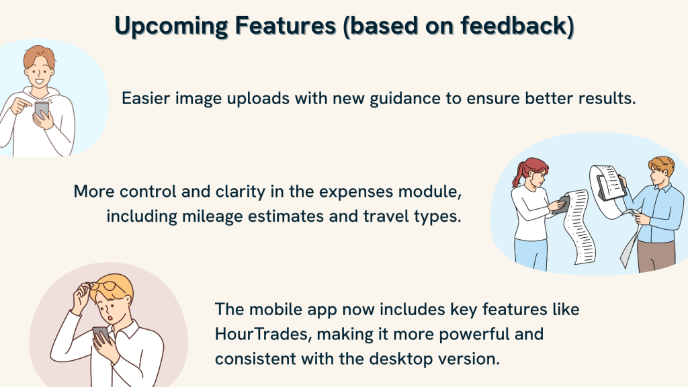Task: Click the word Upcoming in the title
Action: coord(171,26)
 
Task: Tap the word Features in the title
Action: coord(286,26)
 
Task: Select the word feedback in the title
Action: coord(514,26)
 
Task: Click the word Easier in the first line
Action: coord(146,98)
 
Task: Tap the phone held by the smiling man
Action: coord(42,110)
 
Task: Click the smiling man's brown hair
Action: coord(40,56)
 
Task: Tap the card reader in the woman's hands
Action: coord(562,204)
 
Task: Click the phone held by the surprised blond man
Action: coord(101,335)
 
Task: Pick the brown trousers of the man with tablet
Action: coord(656,256)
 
